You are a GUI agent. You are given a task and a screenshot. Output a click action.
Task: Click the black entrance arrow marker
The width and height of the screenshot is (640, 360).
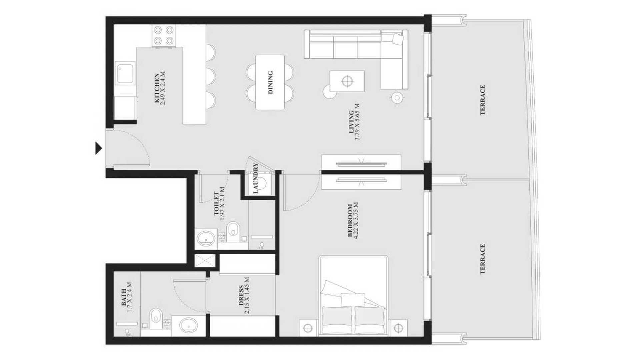click(x=98, y=148)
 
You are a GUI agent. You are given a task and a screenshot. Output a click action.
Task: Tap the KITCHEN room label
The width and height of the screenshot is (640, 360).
click(x=157, y=88)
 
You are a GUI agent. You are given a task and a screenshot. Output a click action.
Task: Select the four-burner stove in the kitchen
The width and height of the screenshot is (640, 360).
click(x=164, y=36)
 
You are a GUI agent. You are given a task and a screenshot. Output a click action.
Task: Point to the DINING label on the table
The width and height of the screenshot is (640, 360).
click(x=270, y=82)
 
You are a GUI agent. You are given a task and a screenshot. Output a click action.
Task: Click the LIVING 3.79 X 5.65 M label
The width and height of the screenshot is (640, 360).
click(x=354, y=122)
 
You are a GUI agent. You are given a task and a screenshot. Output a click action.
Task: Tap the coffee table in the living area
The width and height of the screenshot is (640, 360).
click(x=347, y=81)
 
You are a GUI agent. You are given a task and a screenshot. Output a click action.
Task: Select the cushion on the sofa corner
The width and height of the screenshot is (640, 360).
click(x=398, y=39)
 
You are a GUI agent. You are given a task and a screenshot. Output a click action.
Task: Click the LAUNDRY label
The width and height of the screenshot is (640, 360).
click(x=256, y=178)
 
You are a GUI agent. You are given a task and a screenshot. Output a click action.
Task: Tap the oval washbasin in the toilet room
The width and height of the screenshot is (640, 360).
click(x=206, y=238)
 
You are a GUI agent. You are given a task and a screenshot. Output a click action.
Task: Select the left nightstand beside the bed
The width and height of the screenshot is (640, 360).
click(x=308, y=328)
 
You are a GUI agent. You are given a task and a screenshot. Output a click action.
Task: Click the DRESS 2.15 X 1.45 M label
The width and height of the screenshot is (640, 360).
click(x=243, y=295)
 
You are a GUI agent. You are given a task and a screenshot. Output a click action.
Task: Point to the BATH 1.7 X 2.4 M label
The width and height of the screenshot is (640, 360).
click(x=127, y=297)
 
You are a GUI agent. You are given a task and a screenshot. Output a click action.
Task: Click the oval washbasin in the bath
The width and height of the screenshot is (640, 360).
click(x=188, y=325)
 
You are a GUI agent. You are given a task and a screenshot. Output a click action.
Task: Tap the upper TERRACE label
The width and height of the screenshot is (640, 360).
click(x=483, y=100)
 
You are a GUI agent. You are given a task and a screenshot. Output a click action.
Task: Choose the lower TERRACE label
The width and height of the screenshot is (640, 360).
click(x=483, y=259)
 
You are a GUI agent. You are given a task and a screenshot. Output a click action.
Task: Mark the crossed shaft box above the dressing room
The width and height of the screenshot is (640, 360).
click(x=205, y=260)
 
